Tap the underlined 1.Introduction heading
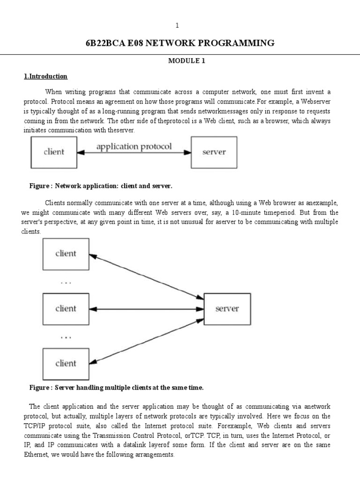point(46,76)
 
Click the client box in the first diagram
point(53,152)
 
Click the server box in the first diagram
point(214,152)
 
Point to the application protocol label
point(134,147)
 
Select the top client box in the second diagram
point(66,254)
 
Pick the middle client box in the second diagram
point(66,308)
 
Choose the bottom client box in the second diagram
point(66,363)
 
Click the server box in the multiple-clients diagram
point(227,308)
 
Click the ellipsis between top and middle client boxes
point(66,283)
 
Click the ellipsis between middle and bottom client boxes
point(66,337)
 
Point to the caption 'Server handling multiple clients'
point(129,388)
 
